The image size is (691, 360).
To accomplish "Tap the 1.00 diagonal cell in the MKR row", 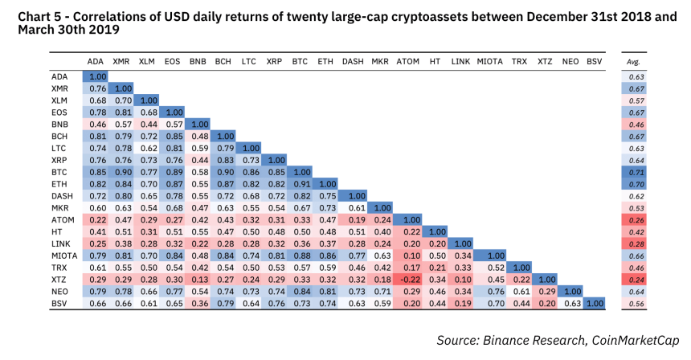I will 381,207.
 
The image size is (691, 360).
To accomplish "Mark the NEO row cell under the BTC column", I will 301,292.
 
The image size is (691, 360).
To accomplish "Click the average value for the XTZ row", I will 637,280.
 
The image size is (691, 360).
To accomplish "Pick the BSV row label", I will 61,304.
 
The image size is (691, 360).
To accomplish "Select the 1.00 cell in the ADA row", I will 96,76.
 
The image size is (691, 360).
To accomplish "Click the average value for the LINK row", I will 637,243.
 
